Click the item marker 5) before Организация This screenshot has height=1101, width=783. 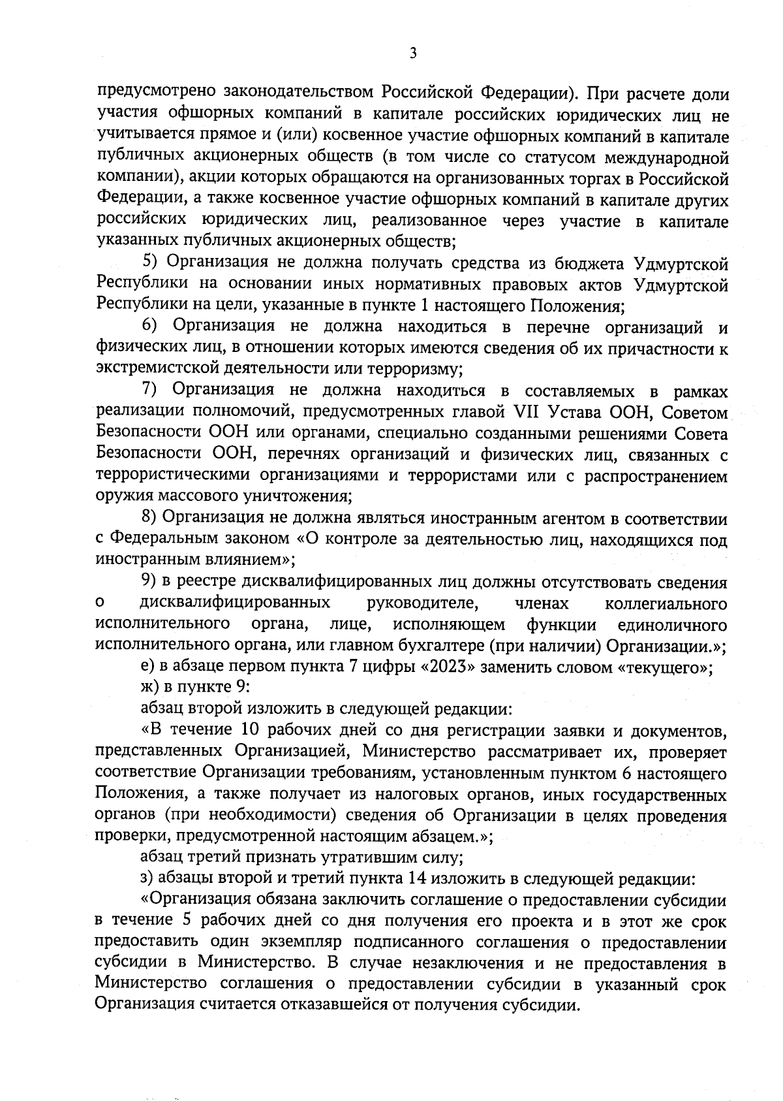pos(151,263)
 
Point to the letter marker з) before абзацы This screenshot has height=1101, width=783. pos(147,878)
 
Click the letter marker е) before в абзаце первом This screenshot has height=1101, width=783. pos(147,668)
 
